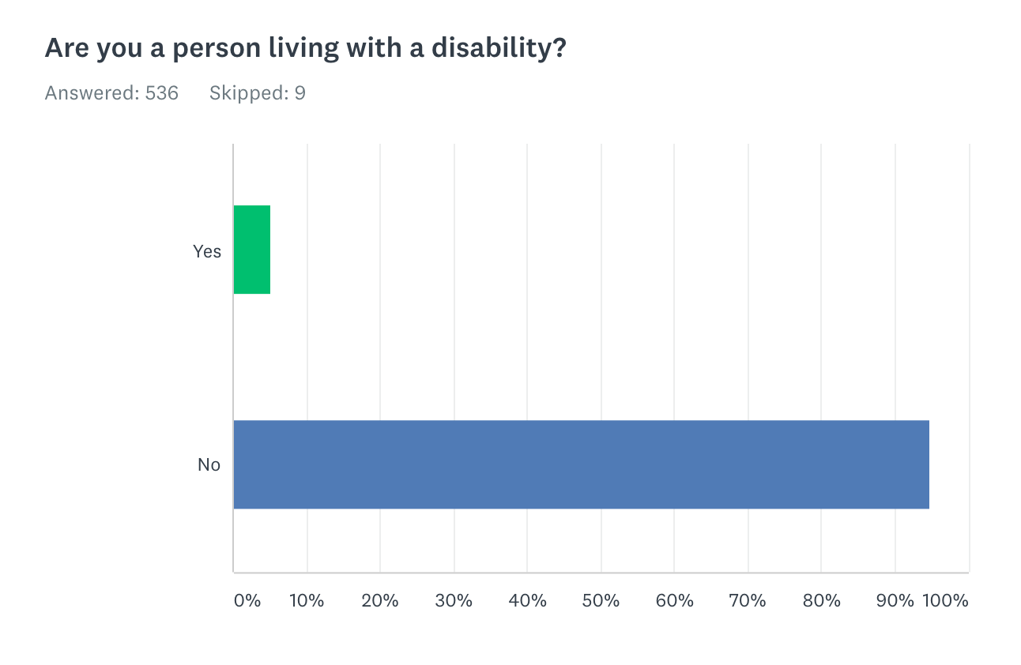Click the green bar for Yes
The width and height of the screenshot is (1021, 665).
pos(252,250)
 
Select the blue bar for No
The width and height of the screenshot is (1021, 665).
pos(581,464)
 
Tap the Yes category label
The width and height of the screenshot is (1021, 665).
pos(207,251)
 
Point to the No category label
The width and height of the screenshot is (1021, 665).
pos(209,465)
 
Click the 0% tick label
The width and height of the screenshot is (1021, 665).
pos(247,600)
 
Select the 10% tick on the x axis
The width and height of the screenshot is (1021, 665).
pos(307,600)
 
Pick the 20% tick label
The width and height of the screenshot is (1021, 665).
pos(380,600)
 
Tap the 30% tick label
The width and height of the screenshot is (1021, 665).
pos(454,600)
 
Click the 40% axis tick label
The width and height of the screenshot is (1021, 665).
pos(527,600)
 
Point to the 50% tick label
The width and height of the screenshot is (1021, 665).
pos(601,600)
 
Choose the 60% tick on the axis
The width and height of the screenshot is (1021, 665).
pos(674,600)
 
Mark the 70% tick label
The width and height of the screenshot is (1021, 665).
pos(748,600)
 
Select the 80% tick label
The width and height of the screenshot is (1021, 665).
pos(821,600)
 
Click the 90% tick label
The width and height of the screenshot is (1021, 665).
pos(895,600)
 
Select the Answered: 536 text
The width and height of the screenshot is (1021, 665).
pos(111,93)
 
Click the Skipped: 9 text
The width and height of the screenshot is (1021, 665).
pos(257,93)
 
